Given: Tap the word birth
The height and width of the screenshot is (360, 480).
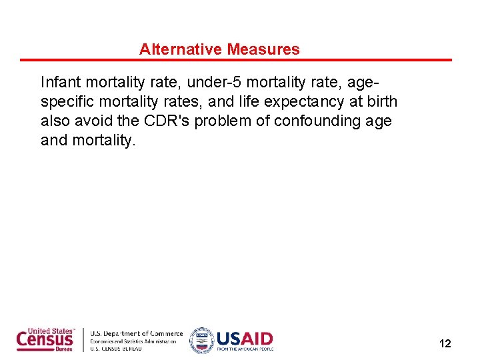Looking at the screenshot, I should pyautogui.click(x=381, y=102).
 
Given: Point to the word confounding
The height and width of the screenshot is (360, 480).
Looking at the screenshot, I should pyautogui.click(x=317, y=121).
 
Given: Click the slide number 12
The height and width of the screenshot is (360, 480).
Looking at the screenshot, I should pyautogui.click(x=445, y=344).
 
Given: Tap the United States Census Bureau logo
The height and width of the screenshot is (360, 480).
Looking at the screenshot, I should pyautogui.click(x=45, y=339).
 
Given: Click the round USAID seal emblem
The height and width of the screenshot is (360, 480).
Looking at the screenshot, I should pyautogui.click(x=201, y=340).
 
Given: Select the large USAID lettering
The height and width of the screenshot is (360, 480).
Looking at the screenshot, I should pyautogui.click(x=245, y=337).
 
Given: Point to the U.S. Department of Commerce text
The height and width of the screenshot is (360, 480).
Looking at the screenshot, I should pyautogui.click(x=136, y=333).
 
